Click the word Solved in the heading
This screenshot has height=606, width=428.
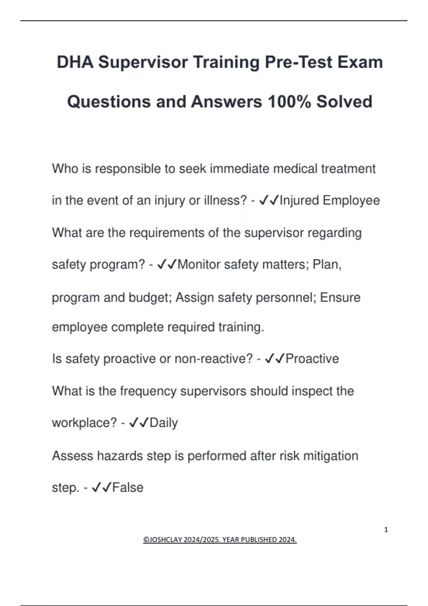click(344, 102)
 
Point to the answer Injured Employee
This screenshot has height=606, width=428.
click(330, 200)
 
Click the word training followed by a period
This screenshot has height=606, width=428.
click(241, 327)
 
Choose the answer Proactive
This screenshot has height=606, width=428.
click(312, 359)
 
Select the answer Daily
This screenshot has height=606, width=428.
click(163, 423)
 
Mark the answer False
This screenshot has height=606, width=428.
click(128, 488)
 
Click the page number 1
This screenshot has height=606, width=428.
click(386, 530)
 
